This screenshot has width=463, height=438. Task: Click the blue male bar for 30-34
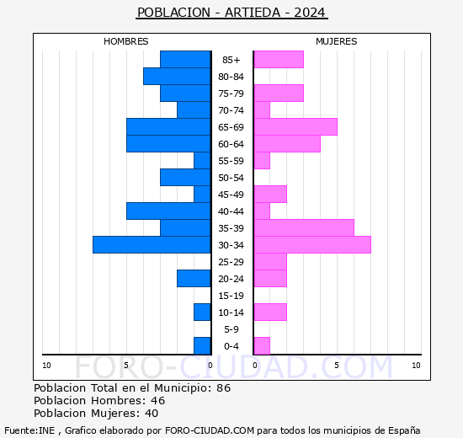click(x=152, y=244)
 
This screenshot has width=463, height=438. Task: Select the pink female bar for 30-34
click(x=311, y=244)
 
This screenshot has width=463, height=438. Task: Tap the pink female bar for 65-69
click(x=295, y=126)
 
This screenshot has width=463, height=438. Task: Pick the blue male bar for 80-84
click(x=177, y=76)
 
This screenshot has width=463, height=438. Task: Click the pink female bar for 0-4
click(x=262, y=345)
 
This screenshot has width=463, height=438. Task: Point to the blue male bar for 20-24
click(x=194, y=278)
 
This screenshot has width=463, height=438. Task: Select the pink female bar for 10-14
click(x=270, y=312)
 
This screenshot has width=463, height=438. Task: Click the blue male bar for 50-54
click(x=185, y=177)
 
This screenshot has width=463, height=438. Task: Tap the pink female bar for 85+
click(x=279, y=59)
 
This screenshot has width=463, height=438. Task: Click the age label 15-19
click(x=231, y=296)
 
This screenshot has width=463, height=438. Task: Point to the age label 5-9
click(x=231, y=329)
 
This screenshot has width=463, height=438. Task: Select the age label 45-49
click(x=231, y=195)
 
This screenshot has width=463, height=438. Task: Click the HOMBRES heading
click(x=125, y=41)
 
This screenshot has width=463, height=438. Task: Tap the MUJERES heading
click(x=336, y=41)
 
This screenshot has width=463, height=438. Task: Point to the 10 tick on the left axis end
click(x=46, y=365)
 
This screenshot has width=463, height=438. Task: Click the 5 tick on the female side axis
click(x=336, y=365)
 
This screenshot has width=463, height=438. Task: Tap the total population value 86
click(x=223, y=388)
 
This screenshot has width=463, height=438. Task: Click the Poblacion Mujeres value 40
click(x=151, y=413)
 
